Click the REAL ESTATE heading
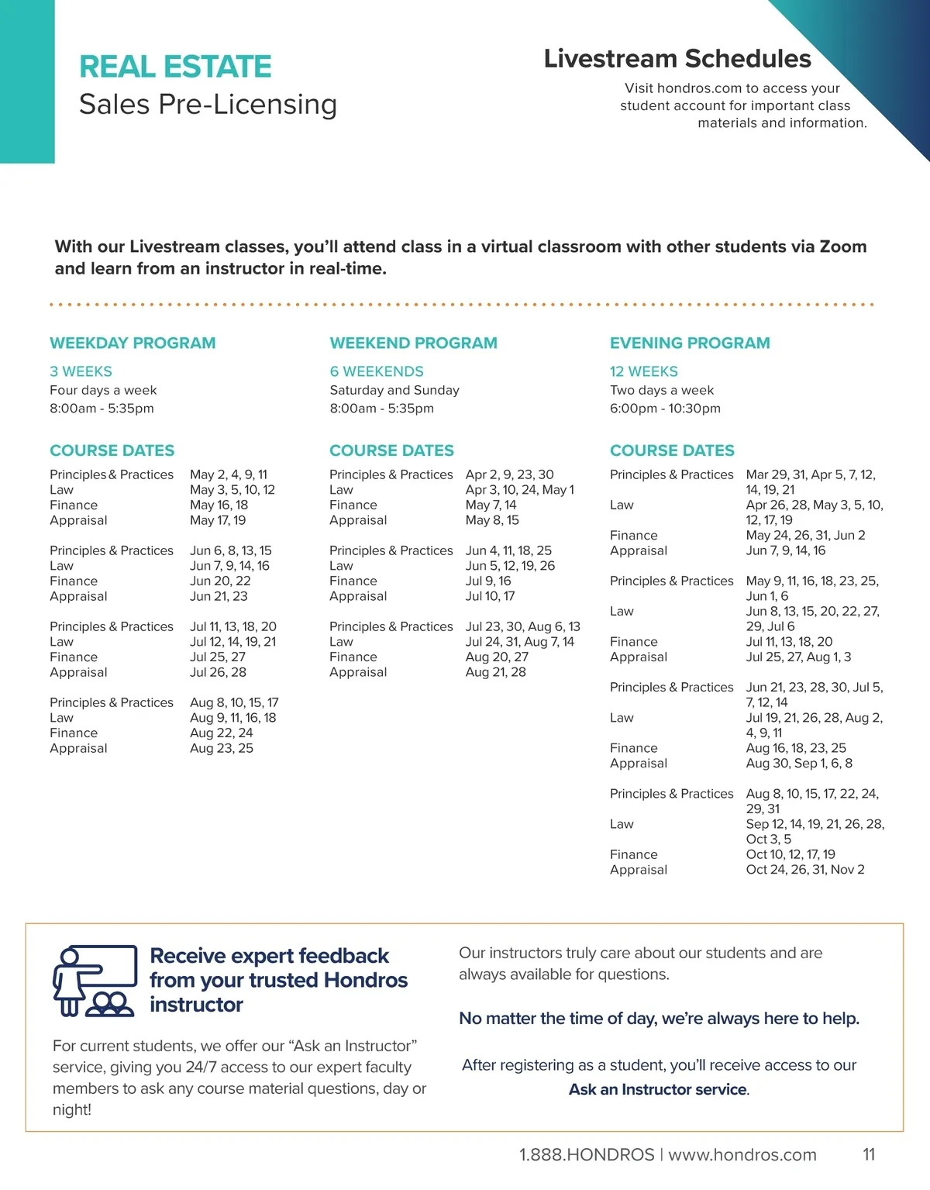175,67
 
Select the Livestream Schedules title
677,59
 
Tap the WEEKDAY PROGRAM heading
133,343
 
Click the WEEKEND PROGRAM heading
413,343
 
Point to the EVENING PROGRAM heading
690,343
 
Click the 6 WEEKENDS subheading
377,371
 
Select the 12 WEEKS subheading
643,371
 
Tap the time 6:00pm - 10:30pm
665,409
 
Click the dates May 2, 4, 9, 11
229,474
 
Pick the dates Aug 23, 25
222,748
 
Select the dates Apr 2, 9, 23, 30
509,474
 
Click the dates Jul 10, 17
490,596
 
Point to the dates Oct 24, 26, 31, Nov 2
805,870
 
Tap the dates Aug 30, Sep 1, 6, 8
799,764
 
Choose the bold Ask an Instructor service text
658,1089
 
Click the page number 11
869,1154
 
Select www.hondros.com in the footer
742,1155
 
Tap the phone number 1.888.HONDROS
587,1155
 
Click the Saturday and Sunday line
394,390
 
